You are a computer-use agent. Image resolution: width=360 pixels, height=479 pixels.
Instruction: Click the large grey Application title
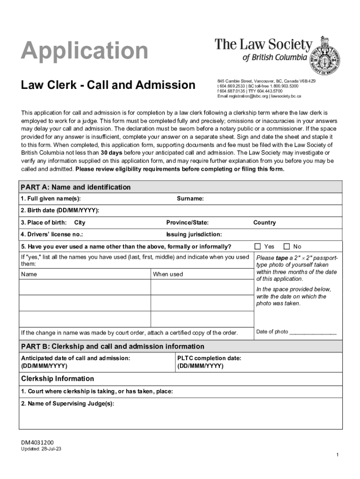pos(84,51)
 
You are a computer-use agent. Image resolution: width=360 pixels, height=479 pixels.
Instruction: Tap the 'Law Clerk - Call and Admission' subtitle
pos(108,85)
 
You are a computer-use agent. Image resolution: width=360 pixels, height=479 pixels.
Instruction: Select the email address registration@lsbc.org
pos(243,96)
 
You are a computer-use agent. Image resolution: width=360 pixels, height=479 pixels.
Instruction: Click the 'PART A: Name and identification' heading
pos(75,187)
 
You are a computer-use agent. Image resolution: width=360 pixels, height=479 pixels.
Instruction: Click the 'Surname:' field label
pos(190,199)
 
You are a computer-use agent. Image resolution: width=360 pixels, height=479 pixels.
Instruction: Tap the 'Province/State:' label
pos(187,223)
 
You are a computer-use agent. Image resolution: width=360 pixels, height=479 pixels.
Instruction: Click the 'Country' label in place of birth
pos(264,223)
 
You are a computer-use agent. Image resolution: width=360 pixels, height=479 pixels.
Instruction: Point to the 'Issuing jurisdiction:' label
pos(194,234)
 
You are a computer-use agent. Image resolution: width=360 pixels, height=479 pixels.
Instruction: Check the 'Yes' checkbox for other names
pos(258,247)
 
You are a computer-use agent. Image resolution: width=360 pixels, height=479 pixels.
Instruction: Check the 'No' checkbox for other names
pos(287,247)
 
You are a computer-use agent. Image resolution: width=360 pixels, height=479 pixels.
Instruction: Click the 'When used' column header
pos(168,274)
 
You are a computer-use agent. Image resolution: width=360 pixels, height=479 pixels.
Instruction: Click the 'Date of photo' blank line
pos(313,333)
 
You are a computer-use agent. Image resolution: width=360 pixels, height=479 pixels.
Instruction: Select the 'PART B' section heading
pos(112,347)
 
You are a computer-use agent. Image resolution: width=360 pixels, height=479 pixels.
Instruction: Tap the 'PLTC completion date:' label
pos(209,358)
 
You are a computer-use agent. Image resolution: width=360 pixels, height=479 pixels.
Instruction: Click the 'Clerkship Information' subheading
pos(58,378)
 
